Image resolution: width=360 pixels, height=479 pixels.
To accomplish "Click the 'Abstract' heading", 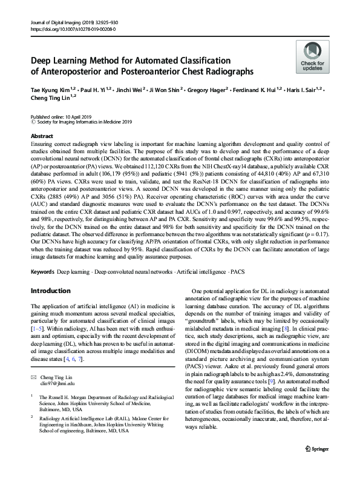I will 42,136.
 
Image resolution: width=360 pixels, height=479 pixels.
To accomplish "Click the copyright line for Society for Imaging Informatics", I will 85,122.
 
